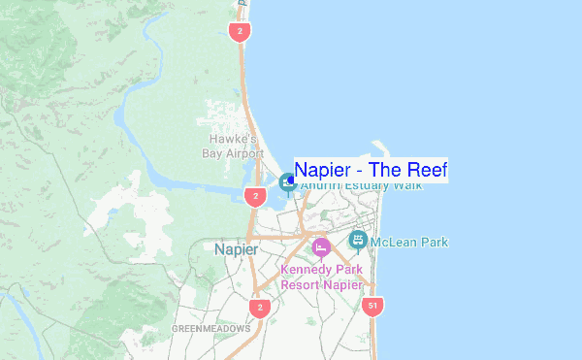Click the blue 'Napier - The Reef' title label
click(371, 170)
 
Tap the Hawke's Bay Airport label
click(232, 147)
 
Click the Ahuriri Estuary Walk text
click(361, 185)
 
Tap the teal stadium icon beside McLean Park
click(357, 239)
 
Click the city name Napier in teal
click(236, 249)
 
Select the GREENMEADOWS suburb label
click(210, 329)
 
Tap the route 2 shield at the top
click(239, 32)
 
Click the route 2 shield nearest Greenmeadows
click(258, 308)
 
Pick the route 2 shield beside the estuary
click(254, 197)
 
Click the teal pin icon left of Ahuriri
click(287, 181)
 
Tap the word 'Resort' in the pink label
click(302, 285)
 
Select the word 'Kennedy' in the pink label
click(305, 270)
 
